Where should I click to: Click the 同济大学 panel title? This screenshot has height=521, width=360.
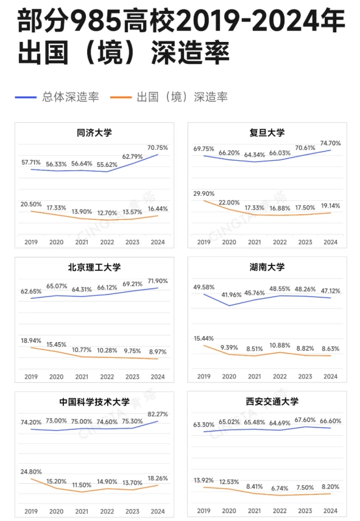(94, 132)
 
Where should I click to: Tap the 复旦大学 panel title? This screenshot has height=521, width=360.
(267, 132)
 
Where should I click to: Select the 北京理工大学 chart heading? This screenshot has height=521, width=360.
(94, 267)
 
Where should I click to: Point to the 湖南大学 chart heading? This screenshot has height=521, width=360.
(267, 267)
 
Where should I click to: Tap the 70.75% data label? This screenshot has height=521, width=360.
(157, 147)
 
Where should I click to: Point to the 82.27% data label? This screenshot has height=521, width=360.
(157, 414)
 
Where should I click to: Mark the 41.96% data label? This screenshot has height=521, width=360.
(229, 295)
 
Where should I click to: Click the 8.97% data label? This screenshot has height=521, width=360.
(157, 352)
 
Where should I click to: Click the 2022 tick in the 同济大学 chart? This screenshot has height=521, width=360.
(107, 242)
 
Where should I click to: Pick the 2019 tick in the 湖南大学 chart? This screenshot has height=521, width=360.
(203, 376)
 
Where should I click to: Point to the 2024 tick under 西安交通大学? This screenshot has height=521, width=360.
(330, 511)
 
